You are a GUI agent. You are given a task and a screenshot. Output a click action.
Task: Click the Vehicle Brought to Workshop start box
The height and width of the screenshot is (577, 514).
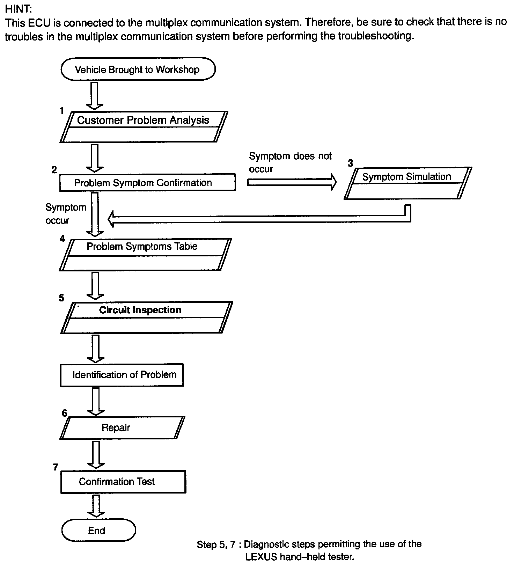[x=138, y=69]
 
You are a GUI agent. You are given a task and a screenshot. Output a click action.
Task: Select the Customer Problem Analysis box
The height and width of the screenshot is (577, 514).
[x=144, y=126]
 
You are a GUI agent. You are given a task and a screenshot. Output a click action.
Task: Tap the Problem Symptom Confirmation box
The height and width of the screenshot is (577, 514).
[x=147, y=183]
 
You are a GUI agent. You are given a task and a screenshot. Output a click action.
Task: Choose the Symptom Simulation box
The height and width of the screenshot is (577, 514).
[x=407, y=183]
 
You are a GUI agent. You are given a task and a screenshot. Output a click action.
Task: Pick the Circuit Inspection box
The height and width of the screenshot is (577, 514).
[x=146, y=317]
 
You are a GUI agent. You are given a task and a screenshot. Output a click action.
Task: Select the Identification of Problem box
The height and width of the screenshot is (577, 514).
[x=122, y=375]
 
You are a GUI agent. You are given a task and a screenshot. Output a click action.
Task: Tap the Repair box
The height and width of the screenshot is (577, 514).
[x=122, y=428]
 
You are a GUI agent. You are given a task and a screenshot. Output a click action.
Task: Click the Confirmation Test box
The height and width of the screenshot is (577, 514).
[x=123, y=482]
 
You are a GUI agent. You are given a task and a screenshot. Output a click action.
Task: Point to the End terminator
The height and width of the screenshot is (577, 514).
[x=98, y=531]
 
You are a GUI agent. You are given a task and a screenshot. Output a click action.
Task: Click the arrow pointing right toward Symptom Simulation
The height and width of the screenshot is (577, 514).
[x=292, y=182]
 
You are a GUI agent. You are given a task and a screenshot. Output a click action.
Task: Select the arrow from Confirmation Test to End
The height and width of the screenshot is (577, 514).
[x=96, y=505]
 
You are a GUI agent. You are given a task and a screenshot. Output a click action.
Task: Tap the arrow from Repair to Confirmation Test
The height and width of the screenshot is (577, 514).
[x=96, y=454]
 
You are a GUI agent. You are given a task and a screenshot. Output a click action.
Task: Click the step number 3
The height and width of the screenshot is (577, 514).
[x=350, y=163]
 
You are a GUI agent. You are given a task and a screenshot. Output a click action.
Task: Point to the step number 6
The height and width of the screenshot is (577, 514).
[x=64, y=413]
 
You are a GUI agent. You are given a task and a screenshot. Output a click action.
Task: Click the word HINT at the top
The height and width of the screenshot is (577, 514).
[x=18, y=8]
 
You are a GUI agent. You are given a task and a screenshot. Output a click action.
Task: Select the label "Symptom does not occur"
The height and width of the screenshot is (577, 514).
[x=290, y=162]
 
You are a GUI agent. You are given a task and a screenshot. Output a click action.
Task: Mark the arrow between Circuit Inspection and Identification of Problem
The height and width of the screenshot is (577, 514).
[x=95, y=349]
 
